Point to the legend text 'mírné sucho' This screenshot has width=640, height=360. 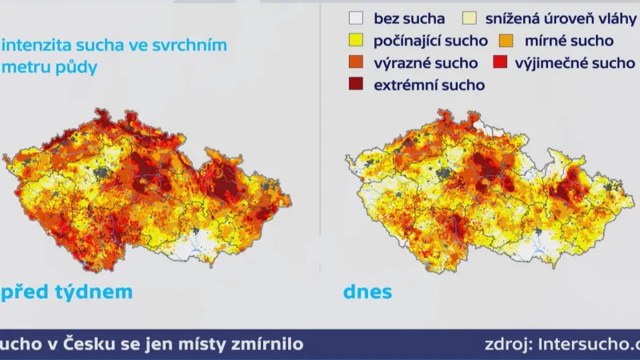[x=568, y=40]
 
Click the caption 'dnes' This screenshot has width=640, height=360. [x=368, y=292]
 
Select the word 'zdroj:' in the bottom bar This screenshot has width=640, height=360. [x=510, y=345]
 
